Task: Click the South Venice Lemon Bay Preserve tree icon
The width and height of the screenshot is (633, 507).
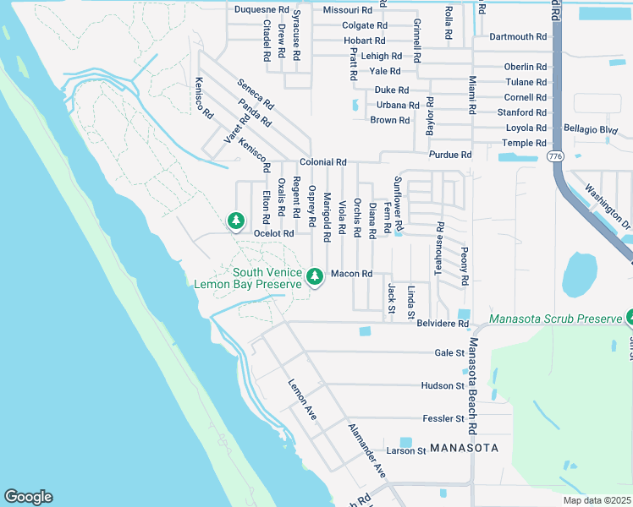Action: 315,276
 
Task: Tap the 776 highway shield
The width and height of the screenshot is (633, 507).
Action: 555,156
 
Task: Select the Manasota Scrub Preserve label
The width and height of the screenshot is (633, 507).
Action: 555,320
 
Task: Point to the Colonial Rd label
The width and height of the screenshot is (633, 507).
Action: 322,162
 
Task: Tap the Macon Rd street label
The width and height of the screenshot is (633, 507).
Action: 351,274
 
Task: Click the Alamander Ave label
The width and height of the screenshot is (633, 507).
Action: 366,450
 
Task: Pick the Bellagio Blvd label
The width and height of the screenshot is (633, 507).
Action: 591,129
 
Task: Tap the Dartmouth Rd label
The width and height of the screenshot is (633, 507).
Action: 518,37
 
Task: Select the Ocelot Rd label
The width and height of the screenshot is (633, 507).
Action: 273,233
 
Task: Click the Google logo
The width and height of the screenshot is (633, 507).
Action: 28,497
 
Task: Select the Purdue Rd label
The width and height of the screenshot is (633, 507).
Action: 450,155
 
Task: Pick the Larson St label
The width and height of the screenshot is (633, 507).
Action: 406,451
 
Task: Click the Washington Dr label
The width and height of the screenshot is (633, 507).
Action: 608,208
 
